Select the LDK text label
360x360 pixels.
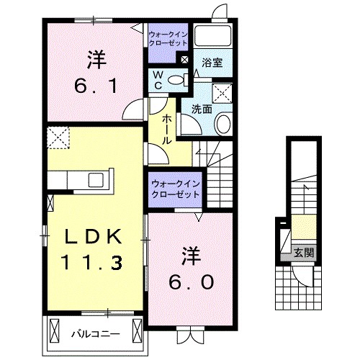91,238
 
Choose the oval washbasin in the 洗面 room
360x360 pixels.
222,125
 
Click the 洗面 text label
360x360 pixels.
200,109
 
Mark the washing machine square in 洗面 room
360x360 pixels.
222,92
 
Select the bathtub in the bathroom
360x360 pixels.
213,38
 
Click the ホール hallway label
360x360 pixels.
166,127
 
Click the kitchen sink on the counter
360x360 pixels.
96,179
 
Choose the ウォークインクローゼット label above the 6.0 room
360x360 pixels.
176,189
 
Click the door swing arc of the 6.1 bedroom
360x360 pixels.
133,110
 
